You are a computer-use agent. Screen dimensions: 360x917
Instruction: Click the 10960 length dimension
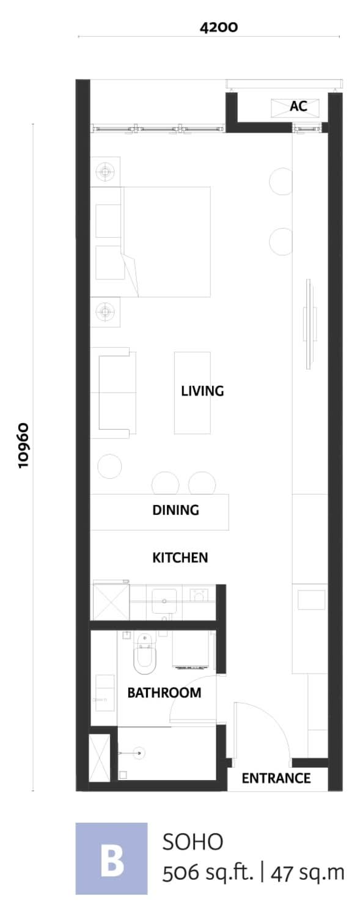click(x=23, y=445)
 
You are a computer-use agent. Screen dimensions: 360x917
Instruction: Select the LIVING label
click(x=202, y=391)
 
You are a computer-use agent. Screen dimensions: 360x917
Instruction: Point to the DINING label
click(x=176, y=510)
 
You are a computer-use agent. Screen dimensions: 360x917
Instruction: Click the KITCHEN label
click(x=180, y=558)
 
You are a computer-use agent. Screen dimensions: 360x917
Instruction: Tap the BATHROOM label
click(x=164, y=693)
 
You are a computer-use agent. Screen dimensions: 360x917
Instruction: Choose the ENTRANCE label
click(x=276, y=778)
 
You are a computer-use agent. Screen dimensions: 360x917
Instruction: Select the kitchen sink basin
click(x=164, y=601)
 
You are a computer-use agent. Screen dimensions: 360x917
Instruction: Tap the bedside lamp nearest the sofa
click(x=106, y=312)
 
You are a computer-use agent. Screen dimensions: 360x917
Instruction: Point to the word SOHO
click(x=193, y=843)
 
